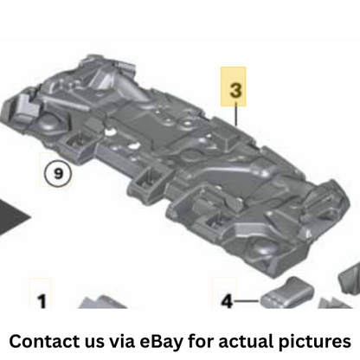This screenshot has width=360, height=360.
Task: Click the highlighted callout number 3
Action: click(235, 90)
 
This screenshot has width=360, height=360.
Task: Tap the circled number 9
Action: click(58, 174)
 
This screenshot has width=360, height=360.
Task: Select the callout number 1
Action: click(42, 301)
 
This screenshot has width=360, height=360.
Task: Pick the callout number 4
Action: click(227, 301)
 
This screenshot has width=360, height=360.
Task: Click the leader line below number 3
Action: click(236, 114)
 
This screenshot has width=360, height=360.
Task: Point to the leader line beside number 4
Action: click(247, 301)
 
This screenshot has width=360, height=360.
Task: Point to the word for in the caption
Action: click(201, 341)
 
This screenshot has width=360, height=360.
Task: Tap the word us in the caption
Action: click(94, 343)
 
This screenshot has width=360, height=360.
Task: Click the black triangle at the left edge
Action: click(11, 215)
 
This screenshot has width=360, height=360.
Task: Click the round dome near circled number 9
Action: click(48, 123)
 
